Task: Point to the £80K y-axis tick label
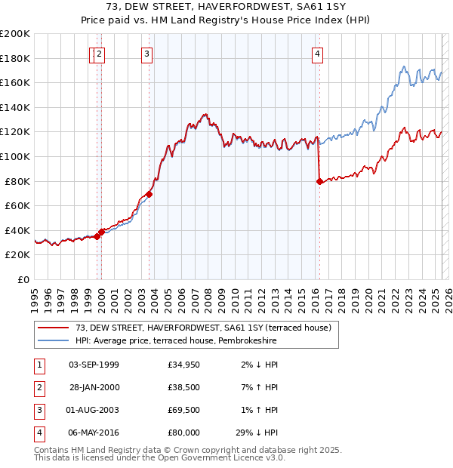pos(17,181)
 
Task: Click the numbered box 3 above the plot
pos(146,54)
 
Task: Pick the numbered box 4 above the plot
pos(318,54)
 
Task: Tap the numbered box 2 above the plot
pos(100,54)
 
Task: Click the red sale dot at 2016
pos(319,181)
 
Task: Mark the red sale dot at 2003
pos(149,194)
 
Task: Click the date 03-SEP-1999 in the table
pos(94,365)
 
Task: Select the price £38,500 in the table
pos(184,387)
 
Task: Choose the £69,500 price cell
pos(184,410)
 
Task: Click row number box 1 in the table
pos(39,365)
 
